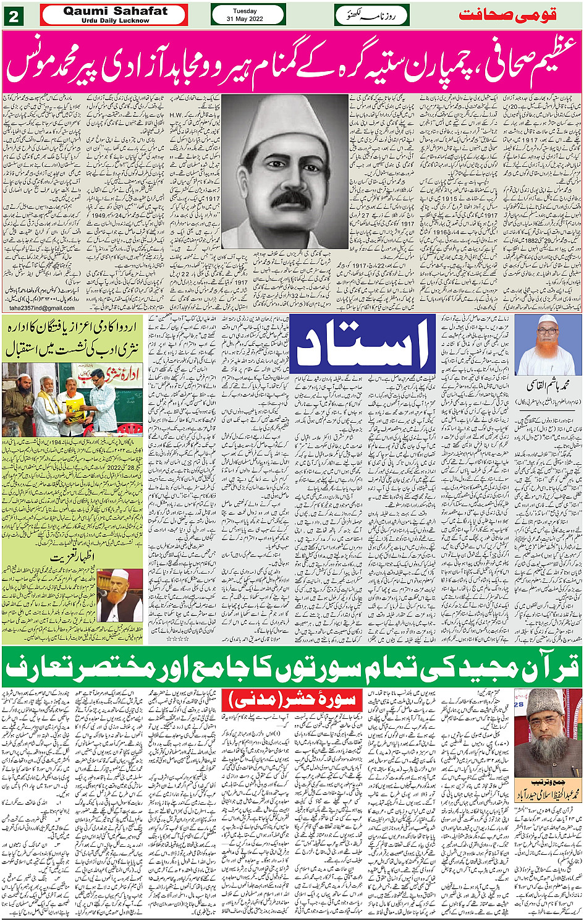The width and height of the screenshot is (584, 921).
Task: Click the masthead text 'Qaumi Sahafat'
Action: [115, 11]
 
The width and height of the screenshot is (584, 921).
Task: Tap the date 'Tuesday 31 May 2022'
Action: [248, 15]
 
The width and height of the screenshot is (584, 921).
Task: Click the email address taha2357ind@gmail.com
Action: [42, 308]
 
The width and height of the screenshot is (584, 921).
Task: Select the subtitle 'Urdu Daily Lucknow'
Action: [115, 20]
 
